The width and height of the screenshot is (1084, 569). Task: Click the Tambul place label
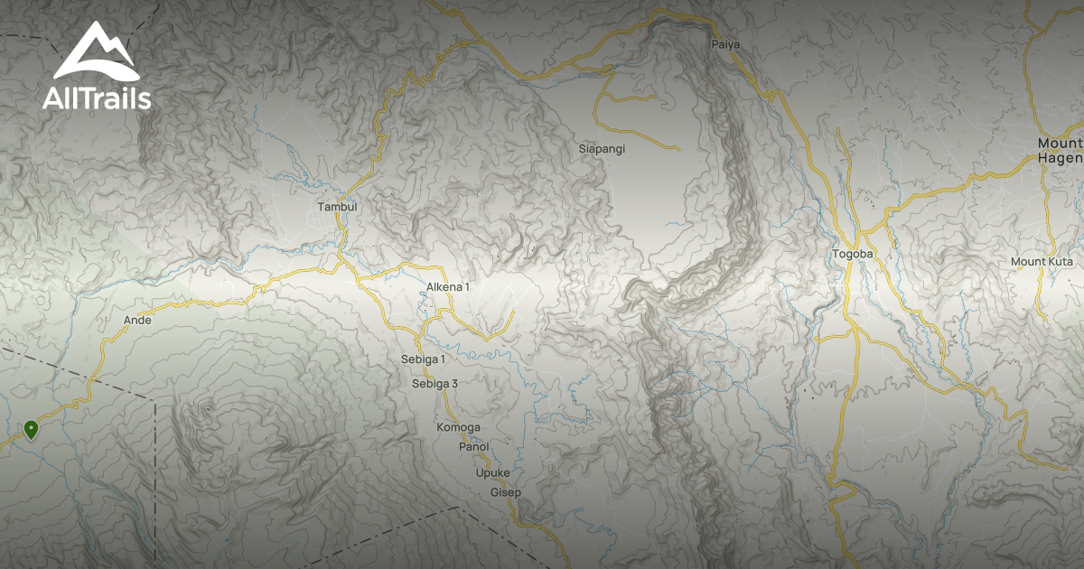point(337,207)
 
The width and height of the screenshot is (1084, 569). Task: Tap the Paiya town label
point(725,44)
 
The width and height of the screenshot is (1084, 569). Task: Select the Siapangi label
point(602,148)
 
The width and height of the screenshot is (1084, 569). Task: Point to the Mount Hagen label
point(1060,151)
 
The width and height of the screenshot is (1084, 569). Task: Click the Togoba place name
point(853,254)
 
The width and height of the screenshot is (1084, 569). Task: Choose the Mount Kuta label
point(1042,262)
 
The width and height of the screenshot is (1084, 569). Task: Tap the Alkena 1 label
point(448,287)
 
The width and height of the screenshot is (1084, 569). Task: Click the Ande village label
point(137,320)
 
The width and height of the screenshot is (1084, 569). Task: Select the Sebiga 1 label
point(423,359)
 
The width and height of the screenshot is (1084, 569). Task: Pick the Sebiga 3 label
point(435,384)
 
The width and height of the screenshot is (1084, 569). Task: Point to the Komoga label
point(458,427)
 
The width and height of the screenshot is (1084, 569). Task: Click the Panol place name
point(473,447)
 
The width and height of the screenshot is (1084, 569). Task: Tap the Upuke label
point(492,473)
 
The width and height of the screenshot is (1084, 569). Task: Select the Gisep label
point(505,492)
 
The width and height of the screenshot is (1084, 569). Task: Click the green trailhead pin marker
point(32,429)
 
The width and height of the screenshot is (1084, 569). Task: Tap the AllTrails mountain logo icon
point(95,53)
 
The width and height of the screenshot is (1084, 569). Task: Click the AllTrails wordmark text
point(97,98)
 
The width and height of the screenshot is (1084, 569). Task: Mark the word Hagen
point(1062,159)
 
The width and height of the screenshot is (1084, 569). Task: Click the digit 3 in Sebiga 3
point(454,384)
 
